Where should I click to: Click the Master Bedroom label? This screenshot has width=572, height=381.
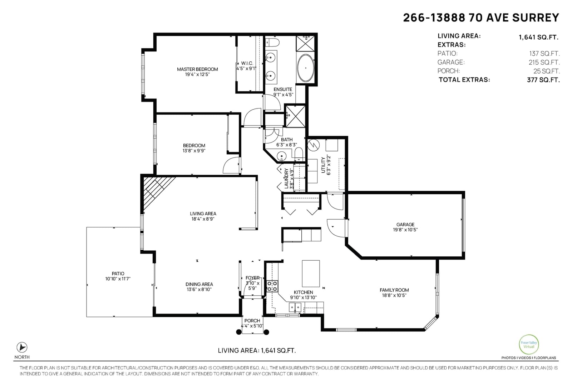[x=197, y=69]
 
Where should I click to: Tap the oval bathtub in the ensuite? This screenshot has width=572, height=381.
[x=305, y=68]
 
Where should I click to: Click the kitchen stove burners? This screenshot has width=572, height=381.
[x=272, y=286]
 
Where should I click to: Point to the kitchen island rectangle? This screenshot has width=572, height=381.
[x=311, y=274]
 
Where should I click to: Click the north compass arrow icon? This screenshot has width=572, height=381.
[x=22, y=347]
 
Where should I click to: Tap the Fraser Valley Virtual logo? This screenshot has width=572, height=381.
[x=529, y=345]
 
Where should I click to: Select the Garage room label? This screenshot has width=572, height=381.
[x=405, y=224]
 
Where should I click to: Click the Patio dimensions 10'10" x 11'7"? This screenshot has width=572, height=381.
[x=118, y=279]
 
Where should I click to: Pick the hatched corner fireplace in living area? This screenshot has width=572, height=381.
[x=154, y=190]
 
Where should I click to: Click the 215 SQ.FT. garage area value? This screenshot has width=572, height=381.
[x=544, y=62]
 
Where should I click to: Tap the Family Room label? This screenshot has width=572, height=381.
[x=394, y=290]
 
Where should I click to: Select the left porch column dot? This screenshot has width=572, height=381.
[x=239, y=332]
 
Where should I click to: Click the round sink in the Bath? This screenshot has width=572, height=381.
[x=281, y=156]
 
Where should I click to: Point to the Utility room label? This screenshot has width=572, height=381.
[x=323, y=165]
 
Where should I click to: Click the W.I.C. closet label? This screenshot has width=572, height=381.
[x=247, y=63]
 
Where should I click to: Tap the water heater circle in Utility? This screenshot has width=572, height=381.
[x=313, y=145]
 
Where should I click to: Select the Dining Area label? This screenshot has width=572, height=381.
[x=199, y=284]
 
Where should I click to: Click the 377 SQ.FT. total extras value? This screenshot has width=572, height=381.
[x=543, y=80]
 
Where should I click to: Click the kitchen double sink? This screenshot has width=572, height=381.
[x=295, y=307]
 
